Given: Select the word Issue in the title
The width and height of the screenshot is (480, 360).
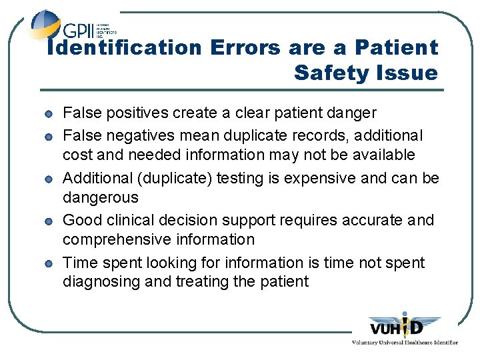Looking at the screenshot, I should tap(407, 73).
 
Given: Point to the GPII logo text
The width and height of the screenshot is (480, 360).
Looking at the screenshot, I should tap(79, 31).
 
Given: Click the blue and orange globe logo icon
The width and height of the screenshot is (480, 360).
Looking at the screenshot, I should tap(45, 25).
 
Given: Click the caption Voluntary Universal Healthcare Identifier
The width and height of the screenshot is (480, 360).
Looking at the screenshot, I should tap(405, 342).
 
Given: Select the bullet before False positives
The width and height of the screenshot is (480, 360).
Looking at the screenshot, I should tap(50, 114).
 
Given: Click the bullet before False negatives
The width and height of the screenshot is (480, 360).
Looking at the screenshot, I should tap(50, 137).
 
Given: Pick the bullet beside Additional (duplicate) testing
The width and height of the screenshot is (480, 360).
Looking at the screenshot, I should tap(50, 179).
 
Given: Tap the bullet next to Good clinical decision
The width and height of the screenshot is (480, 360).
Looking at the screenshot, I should tap(50, 221).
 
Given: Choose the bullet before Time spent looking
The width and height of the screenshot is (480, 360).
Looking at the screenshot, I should tap(50, 263).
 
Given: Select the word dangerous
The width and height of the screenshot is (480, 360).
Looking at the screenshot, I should tap(101, 197).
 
